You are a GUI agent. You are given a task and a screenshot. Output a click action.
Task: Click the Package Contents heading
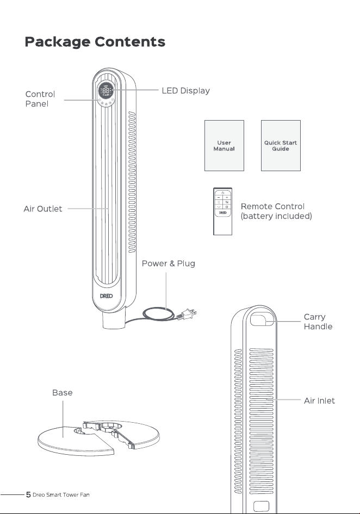95,42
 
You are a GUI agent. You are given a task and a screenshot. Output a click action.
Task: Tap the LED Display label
186,91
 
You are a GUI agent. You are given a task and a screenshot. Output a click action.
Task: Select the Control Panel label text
40,99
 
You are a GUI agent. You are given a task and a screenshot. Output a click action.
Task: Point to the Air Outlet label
42,209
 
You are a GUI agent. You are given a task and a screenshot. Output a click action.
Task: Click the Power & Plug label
169,264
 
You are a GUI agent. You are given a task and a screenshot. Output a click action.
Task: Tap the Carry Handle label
318,322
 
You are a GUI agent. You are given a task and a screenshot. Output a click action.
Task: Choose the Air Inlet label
319,400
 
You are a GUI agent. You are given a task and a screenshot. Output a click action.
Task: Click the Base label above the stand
63,393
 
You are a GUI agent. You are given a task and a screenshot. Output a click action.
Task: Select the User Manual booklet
224,146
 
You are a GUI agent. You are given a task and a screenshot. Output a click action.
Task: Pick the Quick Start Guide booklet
281,146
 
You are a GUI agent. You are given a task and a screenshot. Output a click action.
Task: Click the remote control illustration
222,211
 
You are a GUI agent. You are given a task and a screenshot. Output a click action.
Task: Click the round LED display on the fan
105,91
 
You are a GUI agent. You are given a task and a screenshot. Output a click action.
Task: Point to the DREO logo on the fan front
107,296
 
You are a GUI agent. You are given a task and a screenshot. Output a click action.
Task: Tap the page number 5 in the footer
29,494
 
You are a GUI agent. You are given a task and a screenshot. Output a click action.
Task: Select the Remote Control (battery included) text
276,211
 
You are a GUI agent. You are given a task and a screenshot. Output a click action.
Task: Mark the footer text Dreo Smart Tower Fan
61,495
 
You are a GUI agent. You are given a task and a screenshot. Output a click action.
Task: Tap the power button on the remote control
222,193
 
